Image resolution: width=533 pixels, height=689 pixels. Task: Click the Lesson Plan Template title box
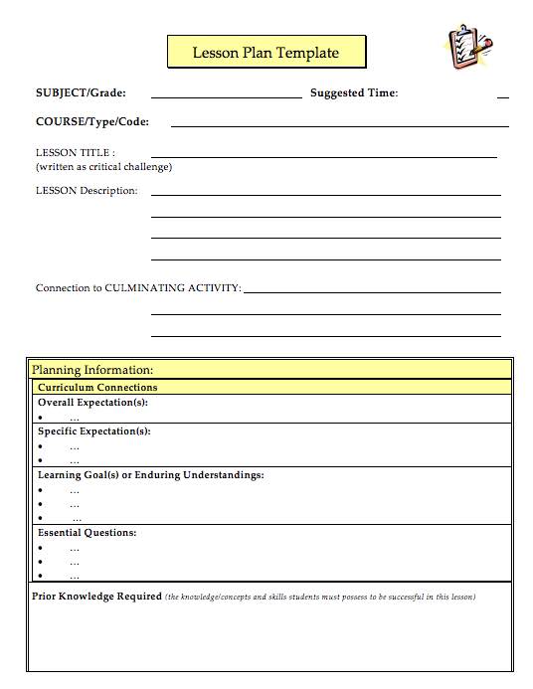point(266,53)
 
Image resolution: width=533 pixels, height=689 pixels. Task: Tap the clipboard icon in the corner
point(464,48)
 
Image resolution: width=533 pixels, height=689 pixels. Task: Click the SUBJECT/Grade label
point(81,93)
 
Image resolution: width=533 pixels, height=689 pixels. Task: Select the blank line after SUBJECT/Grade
point(226,97)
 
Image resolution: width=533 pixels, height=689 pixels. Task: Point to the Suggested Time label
point(354,93)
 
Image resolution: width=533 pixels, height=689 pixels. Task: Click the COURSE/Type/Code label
point(92,121)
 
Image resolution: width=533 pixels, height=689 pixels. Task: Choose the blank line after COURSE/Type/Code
point(339,126)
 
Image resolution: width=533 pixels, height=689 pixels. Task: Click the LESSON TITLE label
point(75,153)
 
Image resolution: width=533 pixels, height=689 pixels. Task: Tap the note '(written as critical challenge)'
point(103,167)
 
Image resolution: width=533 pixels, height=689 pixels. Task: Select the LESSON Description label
point(87,190)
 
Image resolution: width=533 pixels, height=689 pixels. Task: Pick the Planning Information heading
point(92,370)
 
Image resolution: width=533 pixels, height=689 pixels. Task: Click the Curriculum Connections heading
point(97,387)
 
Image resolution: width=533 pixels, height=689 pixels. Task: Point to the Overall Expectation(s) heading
point(92,403)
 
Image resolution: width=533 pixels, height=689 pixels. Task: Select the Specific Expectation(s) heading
point(94,431)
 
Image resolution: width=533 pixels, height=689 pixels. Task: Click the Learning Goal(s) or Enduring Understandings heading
point(151,475)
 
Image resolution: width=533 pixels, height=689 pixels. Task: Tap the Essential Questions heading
point(88,533)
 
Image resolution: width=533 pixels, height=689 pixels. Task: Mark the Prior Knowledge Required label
point(96,597)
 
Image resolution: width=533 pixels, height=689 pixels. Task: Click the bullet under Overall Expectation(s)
point(41,419)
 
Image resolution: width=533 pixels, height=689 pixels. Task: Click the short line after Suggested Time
point(502,97)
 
